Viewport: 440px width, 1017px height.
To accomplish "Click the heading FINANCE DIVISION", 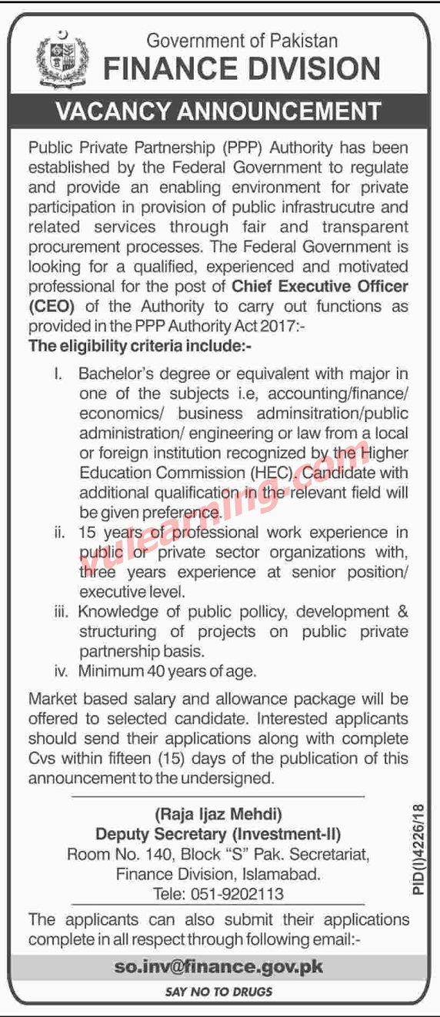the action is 242,69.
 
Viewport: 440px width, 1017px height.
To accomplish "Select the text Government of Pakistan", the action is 242,41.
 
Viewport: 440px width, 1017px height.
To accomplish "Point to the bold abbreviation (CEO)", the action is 52,305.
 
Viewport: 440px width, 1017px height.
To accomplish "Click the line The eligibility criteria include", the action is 141,345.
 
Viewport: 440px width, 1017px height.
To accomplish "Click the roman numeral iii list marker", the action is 62,612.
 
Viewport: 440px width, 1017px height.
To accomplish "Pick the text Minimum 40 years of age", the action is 168,671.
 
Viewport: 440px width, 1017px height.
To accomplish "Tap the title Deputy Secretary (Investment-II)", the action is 218,834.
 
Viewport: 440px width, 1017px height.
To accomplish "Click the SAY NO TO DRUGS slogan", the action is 219,992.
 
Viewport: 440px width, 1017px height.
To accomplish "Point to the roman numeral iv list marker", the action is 62,671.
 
